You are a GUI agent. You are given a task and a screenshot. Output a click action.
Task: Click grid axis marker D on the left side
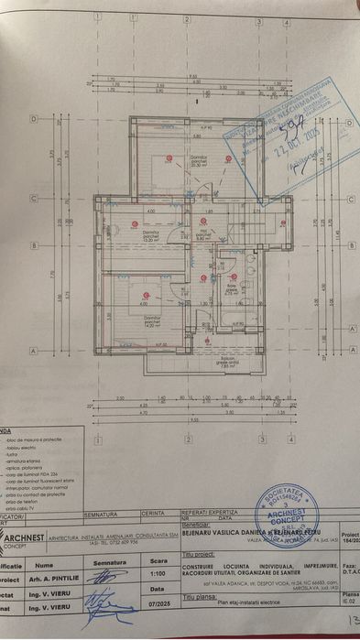[34, 119]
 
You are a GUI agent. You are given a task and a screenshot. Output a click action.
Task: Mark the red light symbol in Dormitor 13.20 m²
[135, 223]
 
